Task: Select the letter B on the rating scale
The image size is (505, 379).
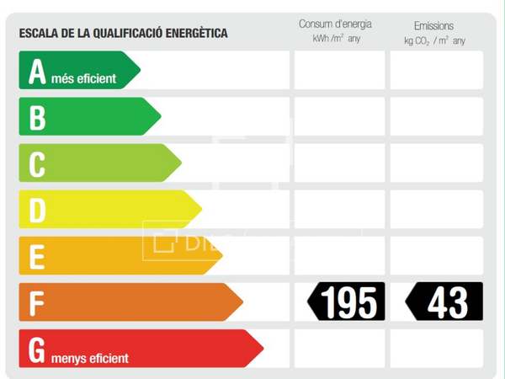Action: point(37,118)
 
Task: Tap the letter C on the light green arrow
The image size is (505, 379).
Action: point(37,164)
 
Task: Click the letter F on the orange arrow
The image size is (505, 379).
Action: point(35,303)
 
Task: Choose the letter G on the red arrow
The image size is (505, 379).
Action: point(36,350)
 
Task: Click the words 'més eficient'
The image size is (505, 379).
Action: point(84,79)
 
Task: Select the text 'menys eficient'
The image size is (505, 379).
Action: point(90,358)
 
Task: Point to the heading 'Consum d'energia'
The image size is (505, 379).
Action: point(335,24)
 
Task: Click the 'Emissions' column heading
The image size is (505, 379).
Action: point(434,26)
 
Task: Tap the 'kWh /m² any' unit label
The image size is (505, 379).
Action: point(336,40)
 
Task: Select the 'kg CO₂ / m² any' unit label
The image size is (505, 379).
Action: point(434,40)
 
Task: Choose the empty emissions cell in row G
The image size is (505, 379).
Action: point(436,349)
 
